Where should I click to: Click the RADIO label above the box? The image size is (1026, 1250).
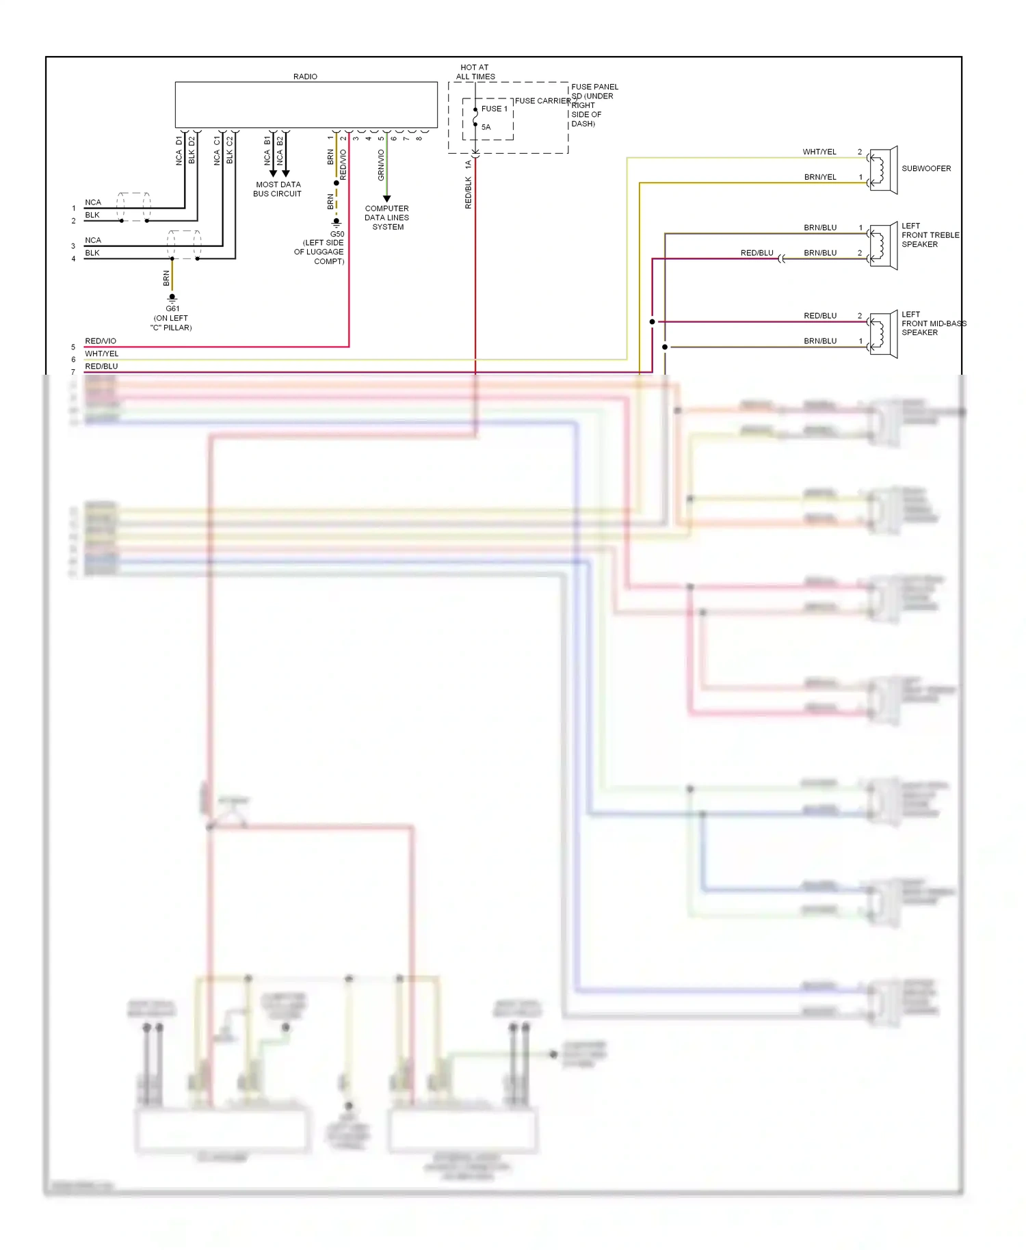click(x=305, y=77)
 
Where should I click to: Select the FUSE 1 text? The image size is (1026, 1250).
click(x=494, y=109)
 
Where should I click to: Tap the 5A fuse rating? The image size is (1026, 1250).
click(x=486, y=127)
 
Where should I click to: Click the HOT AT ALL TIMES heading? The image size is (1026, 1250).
click(x=475, y=72)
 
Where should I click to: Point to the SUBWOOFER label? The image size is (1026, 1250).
click(x=925, y=168)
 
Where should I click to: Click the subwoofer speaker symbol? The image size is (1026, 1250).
click(x=883, y=170)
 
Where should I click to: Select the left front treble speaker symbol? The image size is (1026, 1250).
click(x=883, y=246)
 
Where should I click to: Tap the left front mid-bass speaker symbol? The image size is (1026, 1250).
click(x=883, y=334)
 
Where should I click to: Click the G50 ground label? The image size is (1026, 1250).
click(x=337, y=234)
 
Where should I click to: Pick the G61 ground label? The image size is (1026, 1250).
click(x=172, y=308)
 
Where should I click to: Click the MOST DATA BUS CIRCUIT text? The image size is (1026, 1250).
click(x=277, y=189)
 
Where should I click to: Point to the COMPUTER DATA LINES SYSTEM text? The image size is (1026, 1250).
click(x=387, y=217)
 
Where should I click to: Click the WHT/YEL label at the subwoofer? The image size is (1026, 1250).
click(x=819, y=152)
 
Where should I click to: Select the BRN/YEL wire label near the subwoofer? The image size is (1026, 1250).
click(x=819, y=177)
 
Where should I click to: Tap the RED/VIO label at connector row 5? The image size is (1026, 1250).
click(x=101, y=341)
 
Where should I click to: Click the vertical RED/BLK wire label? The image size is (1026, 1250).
click(x=469, y=192)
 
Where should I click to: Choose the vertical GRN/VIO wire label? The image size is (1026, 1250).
click(x=381, y=165)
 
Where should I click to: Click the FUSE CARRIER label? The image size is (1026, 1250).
click(x=542, y=101)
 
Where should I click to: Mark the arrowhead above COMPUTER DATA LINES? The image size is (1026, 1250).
click(x=386, y=198)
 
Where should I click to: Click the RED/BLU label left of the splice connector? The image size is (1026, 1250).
click(x=757, y=253)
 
